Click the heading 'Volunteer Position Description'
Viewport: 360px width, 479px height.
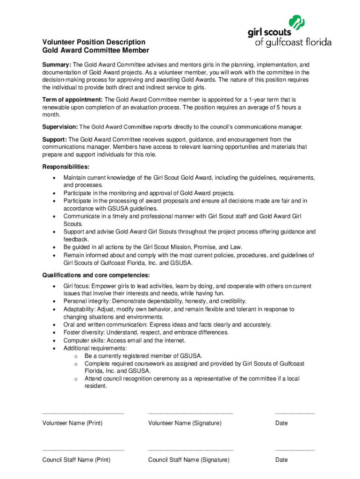[x=94, y=42]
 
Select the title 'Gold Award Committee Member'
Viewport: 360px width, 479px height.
[x=96, y=50]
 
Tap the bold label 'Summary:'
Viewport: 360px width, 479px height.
[x=57, y=65]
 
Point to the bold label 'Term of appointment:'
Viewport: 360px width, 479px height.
[x=72, y=100]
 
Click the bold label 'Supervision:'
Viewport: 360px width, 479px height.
[x=60, y=127]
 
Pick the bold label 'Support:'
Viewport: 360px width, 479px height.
[x=55, y=139]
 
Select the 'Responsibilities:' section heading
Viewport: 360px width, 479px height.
[x=66, y=167]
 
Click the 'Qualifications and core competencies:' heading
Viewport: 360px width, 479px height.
[x=96, y=275]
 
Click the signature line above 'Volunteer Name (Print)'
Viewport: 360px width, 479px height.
[x=83, y=413]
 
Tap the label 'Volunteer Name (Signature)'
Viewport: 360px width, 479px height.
[x=185, y=423]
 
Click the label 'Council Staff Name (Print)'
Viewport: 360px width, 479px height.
[x=76, y=460]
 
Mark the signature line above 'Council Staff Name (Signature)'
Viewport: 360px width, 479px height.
[x=190, y=450]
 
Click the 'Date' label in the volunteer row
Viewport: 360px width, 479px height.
[x=281, y=423]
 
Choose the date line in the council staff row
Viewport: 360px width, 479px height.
[x=295, y=450]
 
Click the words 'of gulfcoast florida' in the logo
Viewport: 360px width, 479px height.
[x=293, y=43]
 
